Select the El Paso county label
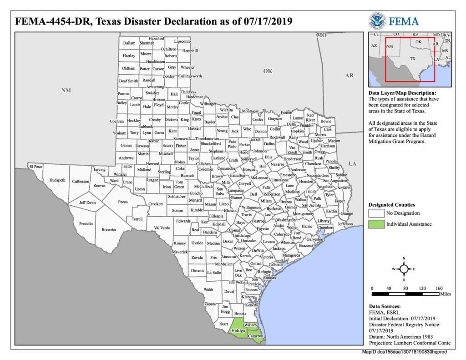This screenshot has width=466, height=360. (35, 167)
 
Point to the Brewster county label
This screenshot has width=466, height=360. (109, 229)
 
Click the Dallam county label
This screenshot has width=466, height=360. (129, 43)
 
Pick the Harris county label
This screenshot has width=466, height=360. (307, 226)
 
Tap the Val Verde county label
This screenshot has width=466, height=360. (162, 228)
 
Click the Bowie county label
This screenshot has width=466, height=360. (326, 122)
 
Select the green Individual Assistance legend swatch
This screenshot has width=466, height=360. (376, 224)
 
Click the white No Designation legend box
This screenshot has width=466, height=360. (376, 213)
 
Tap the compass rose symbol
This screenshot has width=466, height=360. (404, 269)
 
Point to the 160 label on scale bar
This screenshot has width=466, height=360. (439, 288)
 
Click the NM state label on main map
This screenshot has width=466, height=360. (66, 91)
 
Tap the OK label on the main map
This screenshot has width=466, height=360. (268, 71)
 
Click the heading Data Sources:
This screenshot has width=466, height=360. (385, 306)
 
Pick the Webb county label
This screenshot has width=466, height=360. (208, 289)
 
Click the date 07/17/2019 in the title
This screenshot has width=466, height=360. (266, 22)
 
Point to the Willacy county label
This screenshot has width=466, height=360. (250, 325)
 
